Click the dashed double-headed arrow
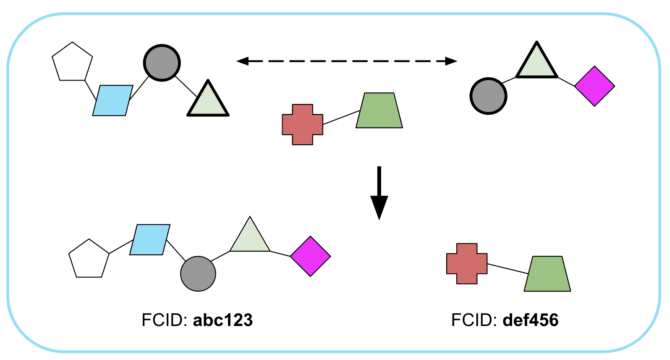tap(347, 61)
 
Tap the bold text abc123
tap(223, 320)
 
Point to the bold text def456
tap(531, 320)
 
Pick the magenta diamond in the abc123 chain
tap(310, 256)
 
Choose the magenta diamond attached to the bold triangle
tap(594, 86)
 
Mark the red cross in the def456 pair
tap(467, 263)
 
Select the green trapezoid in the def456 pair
tap(547, 274)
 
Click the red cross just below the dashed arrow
tap(302, 125)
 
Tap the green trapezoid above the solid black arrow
tap(379, 111)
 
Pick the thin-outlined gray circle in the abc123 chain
tap(198, 274)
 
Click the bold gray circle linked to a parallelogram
tap(162, 63)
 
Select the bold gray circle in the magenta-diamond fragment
tap(488, 96)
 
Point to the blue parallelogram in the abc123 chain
tap(150, 240)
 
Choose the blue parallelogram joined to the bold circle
tap(113, 100)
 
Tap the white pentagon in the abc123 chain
tap(89, 259)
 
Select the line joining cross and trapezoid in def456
tap(508, 269)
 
